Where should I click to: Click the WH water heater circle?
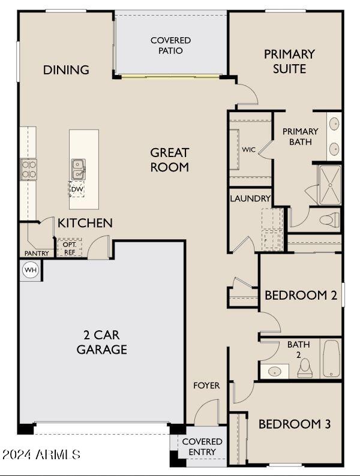[30, 270]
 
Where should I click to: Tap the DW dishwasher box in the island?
[77, 189]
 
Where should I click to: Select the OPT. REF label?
[69, 248]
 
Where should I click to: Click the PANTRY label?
[37, 254]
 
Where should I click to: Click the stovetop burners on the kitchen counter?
[28, 168]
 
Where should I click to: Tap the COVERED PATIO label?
[170, 46]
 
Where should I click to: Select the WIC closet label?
[249, 149]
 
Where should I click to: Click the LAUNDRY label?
[250, 198]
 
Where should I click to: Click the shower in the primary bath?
[329, 184]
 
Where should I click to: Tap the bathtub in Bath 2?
[332, 358]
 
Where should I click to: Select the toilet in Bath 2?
[305, 367]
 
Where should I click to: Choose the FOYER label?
[206, 385]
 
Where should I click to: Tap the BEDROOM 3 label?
[294, 424]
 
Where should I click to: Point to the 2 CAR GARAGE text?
[102, 342]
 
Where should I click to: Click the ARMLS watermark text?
[41, 454]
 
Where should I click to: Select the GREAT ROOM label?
[170, 160]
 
